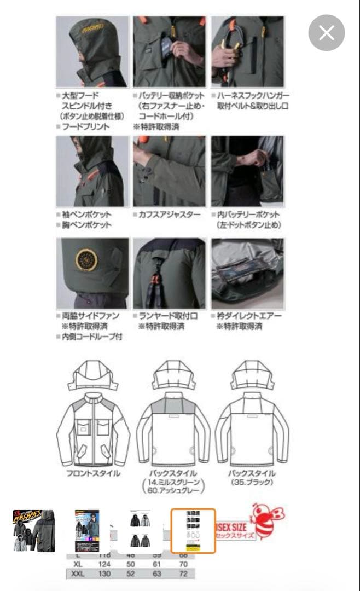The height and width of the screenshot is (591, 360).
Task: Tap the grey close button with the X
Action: [x=327, y=33]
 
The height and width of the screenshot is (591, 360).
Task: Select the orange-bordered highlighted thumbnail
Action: [x=193, y=531]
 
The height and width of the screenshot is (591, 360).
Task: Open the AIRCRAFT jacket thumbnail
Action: [x=34, y=530]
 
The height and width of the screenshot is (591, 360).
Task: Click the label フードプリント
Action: [x=85, y=126]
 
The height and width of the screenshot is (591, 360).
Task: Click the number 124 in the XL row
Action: [x=104, y=565]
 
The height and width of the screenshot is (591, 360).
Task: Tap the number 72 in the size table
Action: [x=184, y=575]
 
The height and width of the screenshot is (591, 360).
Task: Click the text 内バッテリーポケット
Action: [x=249, y=215]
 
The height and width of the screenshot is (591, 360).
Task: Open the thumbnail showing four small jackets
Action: [x=141, y=530]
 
